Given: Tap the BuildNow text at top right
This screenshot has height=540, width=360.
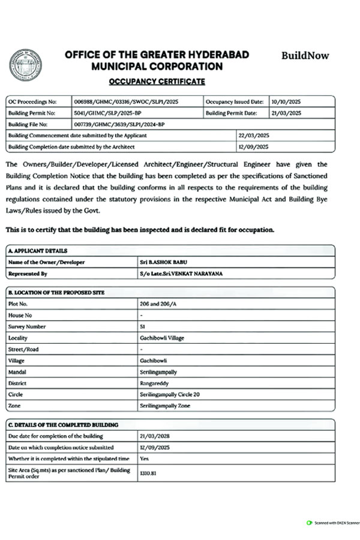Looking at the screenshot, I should tap(305, 56).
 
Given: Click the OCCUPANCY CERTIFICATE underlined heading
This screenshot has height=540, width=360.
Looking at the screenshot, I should tap(157, 81).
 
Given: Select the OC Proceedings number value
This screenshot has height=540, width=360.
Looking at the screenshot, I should tap(121, 102).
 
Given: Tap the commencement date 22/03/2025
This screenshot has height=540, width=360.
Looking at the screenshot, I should tap(253, 136).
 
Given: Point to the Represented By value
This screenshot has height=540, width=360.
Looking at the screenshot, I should tap(175, 274).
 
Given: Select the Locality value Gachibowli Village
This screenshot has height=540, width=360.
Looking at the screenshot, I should tap(161, 338).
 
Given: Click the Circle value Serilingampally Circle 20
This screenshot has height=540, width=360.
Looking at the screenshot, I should tap(170, 394).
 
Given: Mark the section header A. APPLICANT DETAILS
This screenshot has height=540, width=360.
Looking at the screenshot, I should tap(38, 251).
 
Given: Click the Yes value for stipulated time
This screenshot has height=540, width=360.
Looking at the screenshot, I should tap(144, 458).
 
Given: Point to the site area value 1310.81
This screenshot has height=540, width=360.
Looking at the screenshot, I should tap(148, 473).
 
